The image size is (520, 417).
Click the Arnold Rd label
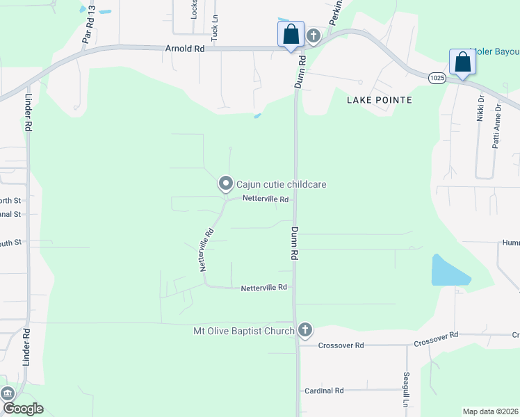point(185,49)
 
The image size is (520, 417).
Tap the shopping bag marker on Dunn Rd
point(291,35)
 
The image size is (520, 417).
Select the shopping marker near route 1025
point(462,63)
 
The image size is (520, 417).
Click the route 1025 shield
point(437,79)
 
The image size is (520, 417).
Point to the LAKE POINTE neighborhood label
point(380,100)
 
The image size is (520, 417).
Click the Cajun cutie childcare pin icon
point(225,183)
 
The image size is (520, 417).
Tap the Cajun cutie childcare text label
point(282,184)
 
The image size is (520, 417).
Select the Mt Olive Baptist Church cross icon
point(304,331)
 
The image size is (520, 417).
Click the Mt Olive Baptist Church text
point(243,331)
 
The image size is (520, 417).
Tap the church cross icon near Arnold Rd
point(313,35)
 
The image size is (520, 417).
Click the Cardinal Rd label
point(325,391)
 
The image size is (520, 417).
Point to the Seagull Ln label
point(407,390)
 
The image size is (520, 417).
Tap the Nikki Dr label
point(480,108)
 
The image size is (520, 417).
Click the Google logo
point(22,409)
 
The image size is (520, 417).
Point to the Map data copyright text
point(489,411)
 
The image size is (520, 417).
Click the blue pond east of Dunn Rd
point(448,272)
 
